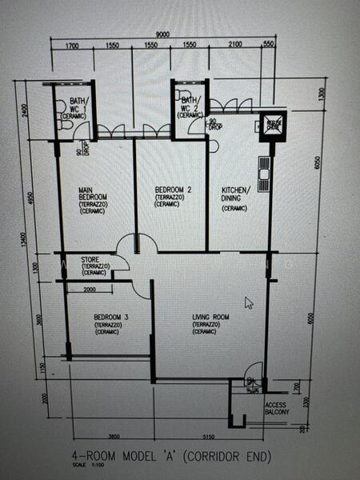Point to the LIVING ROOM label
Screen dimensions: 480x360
tap(209, 322)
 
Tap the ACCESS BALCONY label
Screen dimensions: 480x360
tap(274, 408)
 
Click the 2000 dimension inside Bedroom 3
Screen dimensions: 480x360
tap(90, 290)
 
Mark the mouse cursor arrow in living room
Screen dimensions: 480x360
tap(249, 302)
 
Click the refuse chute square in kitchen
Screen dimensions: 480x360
tap(272, 125)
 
